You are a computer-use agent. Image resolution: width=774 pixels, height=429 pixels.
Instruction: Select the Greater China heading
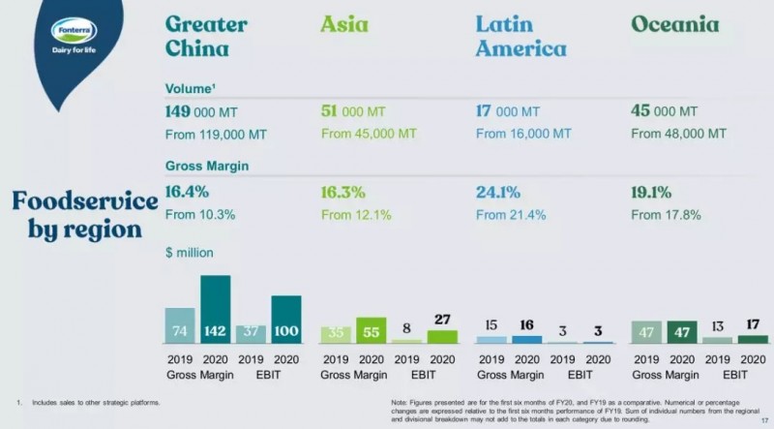pyautogui.click(x=206, y=36)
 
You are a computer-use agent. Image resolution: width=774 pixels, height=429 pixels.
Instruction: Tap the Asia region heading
pyautogui.click(x=344, y=24)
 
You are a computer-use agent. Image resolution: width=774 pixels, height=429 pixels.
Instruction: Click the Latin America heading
pyautogui.click(x=521, y=36)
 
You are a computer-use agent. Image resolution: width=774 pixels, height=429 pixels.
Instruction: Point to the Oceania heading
pyautogui.click(x=674, y=24)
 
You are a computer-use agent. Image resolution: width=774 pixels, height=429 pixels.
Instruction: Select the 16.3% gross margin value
pyautogui.click(x=342, y=192)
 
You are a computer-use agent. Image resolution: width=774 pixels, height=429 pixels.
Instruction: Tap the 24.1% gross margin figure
pyautogui.click(x=498, y=192)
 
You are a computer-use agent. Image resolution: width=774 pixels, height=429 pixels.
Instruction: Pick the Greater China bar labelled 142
pyautogui.click(x=215, y=310)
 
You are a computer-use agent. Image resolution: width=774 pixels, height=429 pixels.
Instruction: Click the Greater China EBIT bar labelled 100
pyautogui.click(x=286, y=320)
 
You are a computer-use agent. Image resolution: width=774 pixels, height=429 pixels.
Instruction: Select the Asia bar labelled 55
pyautogui.click(x=372, y=330)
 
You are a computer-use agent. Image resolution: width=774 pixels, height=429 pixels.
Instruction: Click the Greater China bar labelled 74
pyautogui.click(x=180, y=325)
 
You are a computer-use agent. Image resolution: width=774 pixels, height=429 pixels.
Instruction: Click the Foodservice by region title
pyautogui.click(x=84, y=215)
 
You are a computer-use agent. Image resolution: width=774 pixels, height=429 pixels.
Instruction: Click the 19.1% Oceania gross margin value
pyautogui.click(x=654, y=192)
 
